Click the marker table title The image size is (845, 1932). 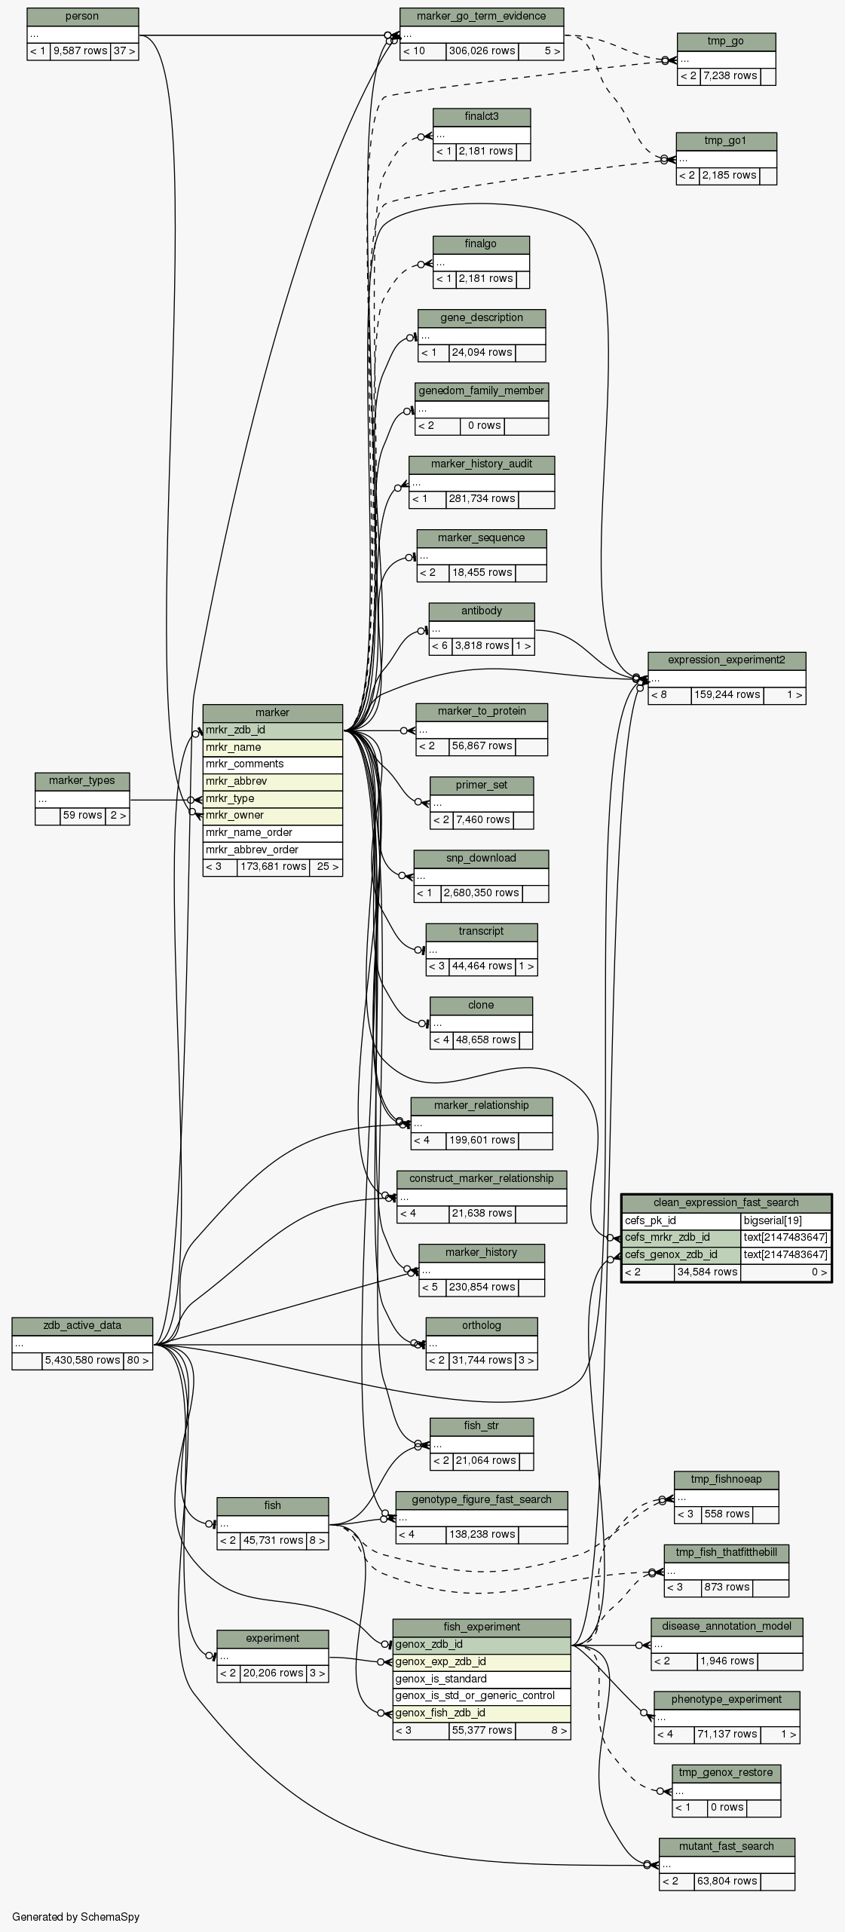click(272, 712)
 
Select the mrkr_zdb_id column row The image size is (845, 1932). click(272, 730)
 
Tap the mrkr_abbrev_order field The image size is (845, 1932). click(272, 850)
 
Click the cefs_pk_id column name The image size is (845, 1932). click(681, 1220)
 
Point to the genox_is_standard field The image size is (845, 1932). click(481, 1679)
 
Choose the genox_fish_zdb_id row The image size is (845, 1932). click(481, 1713)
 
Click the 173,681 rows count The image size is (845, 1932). click(273, 867)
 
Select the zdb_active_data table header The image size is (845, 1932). click(82, 1325)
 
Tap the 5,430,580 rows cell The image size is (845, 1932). click(82, 1360)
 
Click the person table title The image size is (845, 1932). click(82, 17)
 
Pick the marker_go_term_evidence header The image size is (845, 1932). click(481, 16)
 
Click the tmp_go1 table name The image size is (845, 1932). click(725, 141)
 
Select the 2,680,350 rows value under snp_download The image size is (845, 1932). click(481, 893)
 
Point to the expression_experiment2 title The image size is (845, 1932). click(726, 660)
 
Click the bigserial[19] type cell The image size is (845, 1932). click(785, 1220)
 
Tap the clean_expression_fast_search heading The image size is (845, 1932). click(726, 1202)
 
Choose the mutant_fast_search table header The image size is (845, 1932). click(726, 1846)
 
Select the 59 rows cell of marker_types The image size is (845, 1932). click(82, 815)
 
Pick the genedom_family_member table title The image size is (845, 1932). click(481, 390)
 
